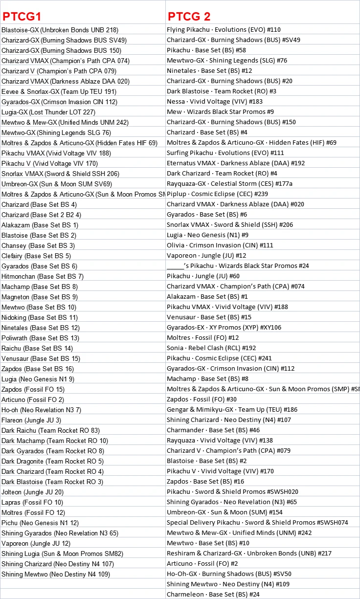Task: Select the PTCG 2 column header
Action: (189, 16)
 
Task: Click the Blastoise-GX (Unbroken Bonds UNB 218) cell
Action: (60, 30)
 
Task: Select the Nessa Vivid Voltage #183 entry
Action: (222, 102)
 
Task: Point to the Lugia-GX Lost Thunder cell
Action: (48, 112)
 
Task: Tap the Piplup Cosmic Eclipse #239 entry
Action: (217, 194)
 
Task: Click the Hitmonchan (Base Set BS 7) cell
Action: (43, 276)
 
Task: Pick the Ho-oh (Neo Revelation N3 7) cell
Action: (41, 410)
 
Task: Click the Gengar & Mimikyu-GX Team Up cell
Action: (232, 410)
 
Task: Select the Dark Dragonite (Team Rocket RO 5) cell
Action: (52, 461)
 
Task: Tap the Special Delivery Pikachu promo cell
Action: (257, 523)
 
